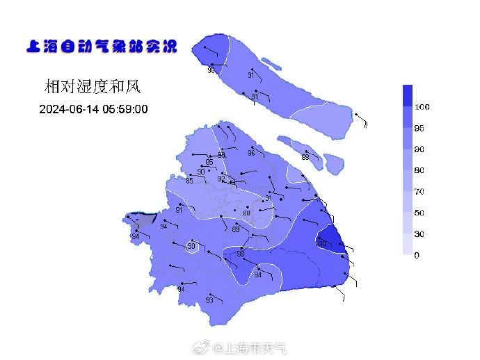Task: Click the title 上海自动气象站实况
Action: [x=101, y=47]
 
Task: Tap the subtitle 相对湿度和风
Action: [x=93, y=87]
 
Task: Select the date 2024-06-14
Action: [x=69, y=110]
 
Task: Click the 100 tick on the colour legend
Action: [x=422, y=107]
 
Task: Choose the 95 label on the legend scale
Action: [x=419, y=129]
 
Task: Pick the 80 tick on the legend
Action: [x=419, y=170]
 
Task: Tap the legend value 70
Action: [x=419, y=191]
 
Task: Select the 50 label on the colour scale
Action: [x=419, y=213]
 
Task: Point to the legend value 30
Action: [x=419, y=234]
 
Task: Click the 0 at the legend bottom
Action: [x=417, y=255]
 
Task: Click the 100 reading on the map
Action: [x=321, y=243]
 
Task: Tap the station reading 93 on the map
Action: [x=209, y=301]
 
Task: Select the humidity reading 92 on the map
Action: [x=221, y=179]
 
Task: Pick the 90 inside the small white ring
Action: [x=191, y=246]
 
